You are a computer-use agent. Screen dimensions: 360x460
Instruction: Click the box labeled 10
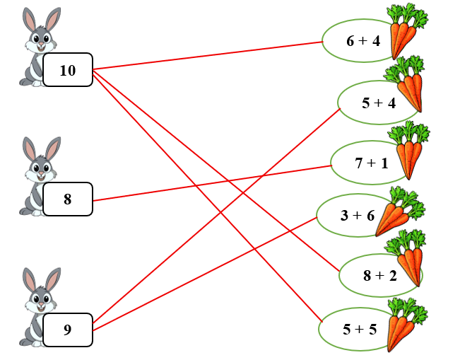click(x=68, y=70)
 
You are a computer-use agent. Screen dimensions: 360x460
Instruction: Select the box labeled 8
click(x=68, y=199)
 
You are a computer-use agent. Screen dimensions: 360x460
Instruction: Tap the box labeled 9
click(x=68, y=329)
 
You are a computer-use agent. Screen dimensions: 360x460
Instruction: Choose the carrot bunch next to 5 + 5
click(x=404, y=325)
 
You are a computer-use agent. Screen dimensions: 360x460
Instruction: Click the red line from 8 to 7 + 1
click(x=212, y=182)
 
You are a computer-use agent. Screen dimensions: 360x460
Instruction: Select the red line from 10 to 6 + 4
click(x=212, y=55)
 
